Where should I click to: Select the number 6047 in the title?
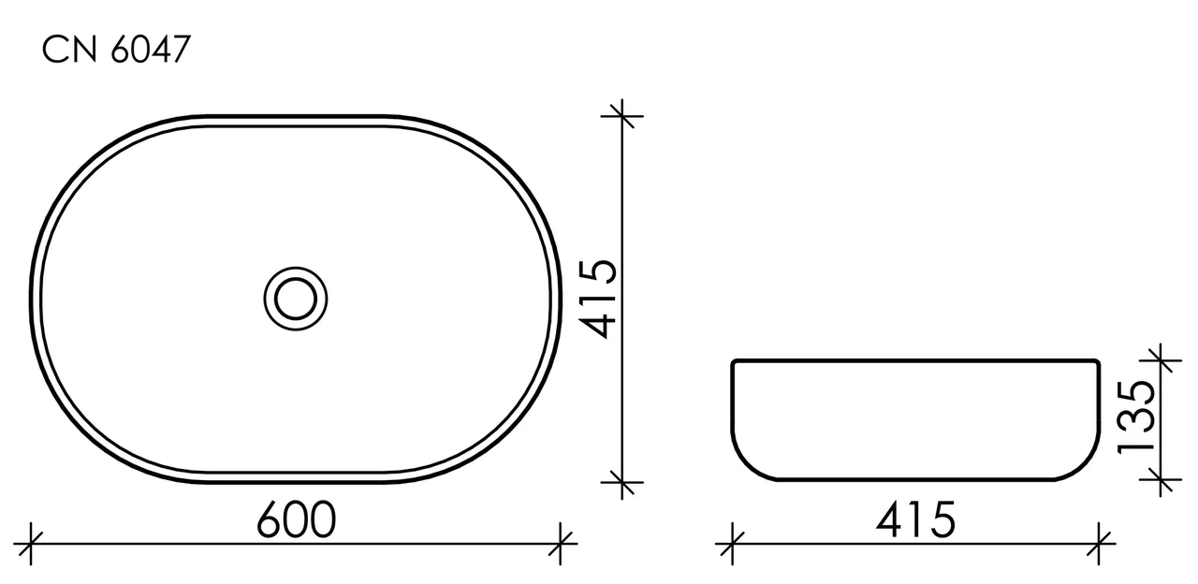tap(150, 51)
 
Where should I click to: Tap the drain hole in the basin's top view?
tap(296, 299)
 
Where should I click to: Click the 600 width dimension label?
tap(296, 520)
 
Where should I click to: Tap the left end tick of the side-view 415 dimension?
tap(731, 543)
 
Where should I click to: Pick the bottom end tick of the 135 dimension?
tap(1161, 481)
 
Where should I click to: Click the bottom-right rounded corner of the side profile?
tap(1084, 466)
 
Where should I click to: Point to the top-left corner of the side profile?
tap(734, 362)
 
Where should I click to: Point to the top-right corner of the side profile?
tap(1097, 362)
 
